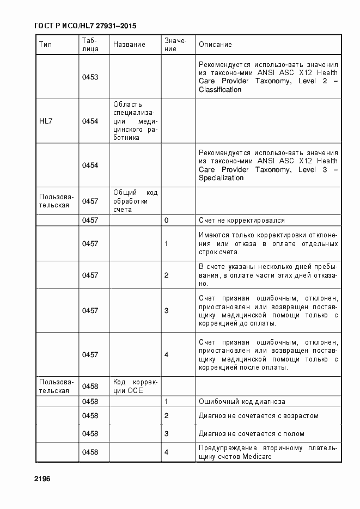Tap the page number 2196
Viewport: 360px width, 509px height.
42,479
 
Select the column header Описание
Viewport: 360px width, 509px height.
215,44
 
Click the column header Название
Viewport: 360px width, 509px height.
129,44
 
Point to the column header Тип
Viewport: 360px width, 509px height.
45,44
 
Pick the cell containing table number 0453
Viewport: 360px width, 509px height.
90,77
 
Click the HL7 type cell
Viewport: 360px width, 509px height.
46,121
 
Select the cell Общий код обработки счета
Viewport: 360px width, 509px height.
135,201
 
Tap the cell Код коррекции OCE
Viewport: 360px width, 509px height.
135,386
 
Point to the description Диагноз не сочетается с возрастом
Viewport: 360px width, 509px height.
258,416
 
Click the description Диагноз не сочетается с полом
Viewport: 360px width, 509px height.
251,434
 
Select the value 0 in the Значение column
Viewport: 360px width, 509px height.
166,220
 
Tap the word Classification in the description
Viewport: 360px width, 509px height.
220,90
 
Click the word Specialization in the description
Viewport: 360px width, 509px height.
221,178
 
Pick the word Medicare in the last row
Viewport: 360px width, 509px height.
257,457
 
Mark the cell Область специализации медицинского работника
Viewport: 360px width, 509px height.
135,121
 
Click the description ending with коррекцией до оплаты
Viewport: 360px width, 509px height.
268,310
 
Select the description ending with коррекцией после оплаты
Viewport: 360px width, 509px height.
268,354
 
